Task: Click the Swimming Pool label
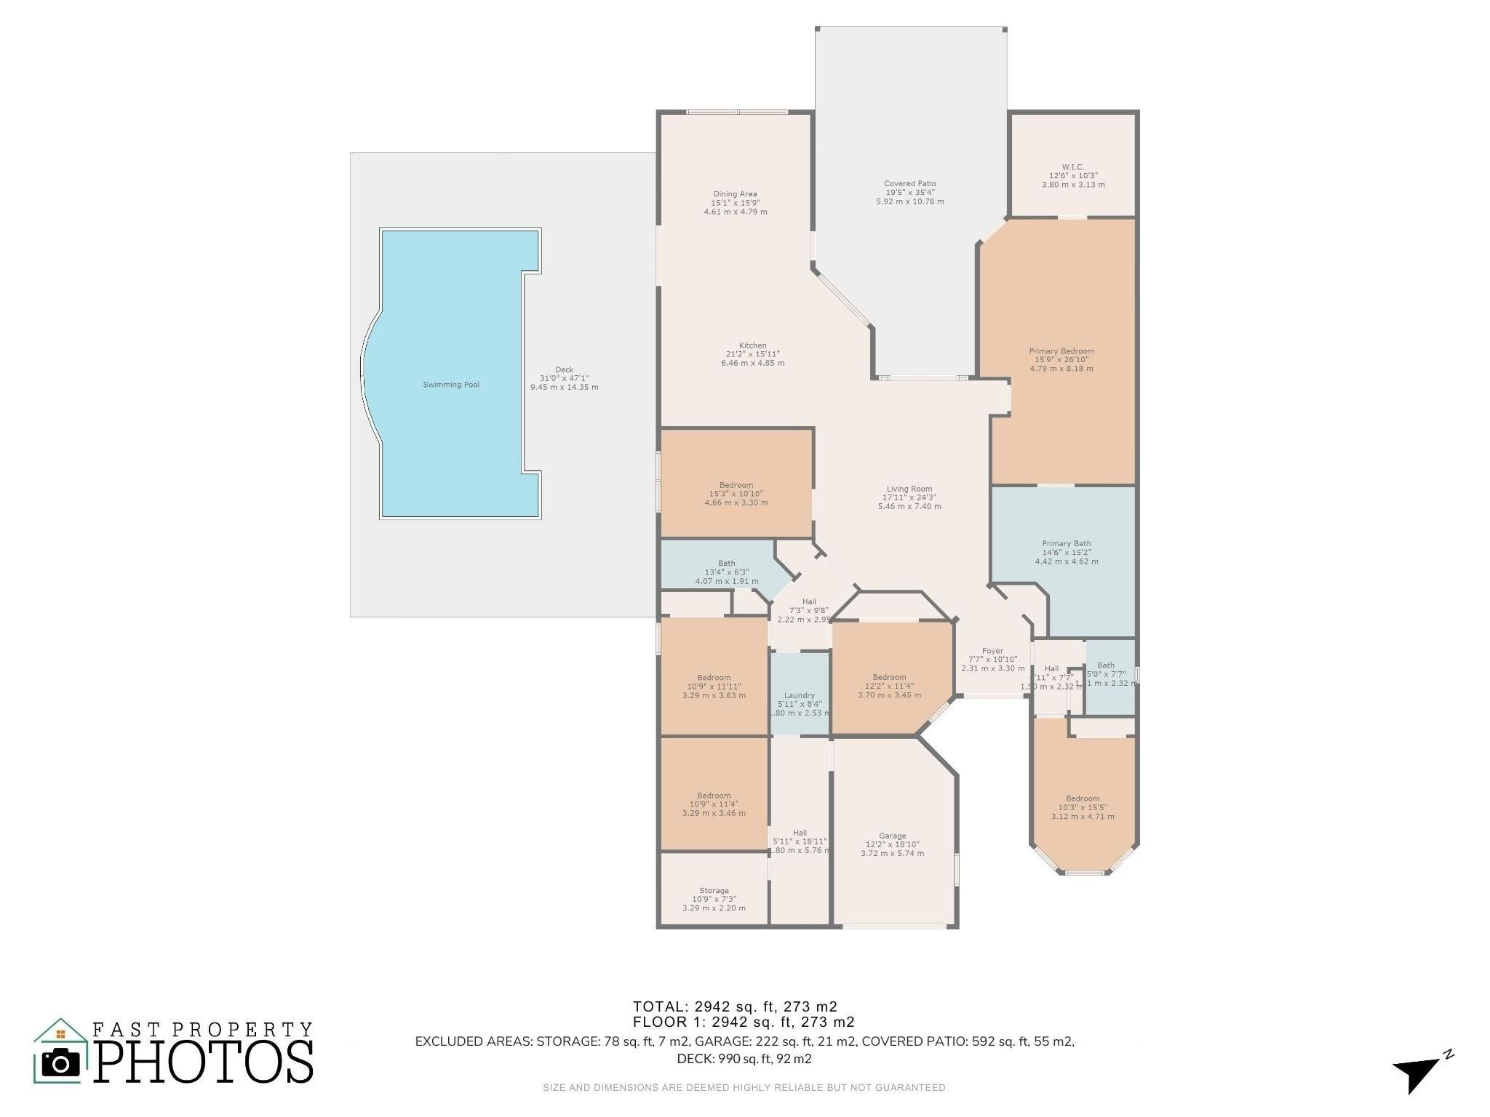tap(451, 385)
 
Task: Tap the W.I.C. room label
tap(1073, 167)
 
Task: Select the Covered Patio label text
tap(909, 184)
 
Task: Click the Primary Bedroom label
tap(1061, 351)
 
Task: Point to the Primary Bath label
tap(1066, 544)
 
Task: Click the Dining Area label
tap(735, 194)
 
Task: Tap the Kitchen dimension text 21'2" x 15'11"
tap(752, 354)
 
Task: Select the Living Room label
tap(909, 489)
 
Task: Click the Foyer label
tap(992, 651)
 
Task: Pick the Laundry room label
tap(799, 695)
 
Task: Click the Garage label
tap(892, 836)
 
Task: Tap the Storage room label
tap(714, 891)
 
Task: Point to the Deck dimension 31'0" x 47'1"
tap(564, 378)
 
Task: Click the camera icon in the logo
tap(61, 1063)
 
